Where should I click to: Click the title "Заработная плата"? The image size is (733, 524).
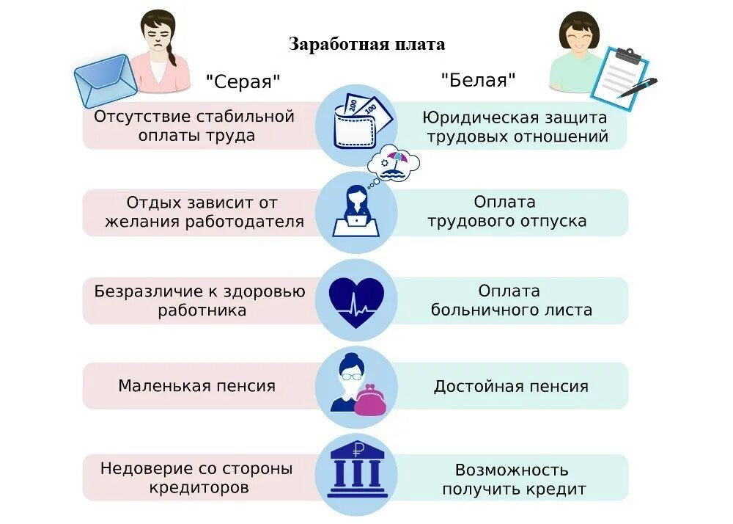point(366,44)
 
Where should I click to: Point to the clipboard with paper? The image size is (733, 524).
point(619,77)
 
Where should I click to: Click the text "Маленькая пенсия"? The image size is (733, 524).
point(197,386)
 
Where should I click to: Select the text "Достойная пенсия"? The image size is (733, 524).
point(511,386)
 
